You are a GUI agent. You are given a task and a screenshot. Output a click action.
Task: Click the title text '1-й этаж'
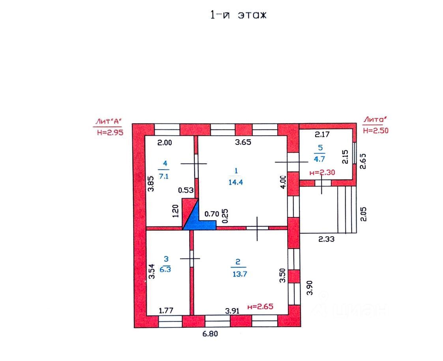238,15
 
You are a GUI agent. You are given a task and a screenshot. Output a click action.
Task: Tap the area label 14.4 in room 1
236,182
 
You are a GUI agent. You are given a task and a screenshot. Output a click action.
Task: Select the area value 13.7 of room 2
239,274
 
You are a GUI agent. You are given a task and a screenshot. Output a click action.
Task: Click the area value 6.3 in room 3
165,269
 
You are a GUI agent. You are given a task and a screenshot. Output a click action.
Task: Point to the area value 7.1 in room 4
164,176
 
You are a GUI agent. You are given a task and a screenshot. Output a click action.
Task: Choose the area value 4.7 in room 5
319,159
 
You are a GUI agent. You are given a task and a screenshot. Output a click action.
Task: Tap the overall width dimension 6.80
210,334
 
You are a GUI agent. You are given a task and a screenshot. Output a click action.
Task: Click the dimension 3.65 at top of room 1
243,142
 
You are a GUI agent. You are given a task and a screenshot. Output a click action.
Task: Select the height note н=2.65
260,306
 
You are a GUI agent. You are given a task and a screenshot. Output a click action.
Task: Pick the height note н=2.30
322,172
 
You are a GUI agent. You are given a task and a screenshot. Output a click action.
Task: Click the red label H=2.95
110,133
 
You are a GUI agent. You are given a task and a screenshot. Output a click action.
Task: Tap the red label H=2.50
376,131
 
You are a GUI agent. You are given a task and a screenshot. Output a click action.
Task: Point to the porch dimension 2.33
326,239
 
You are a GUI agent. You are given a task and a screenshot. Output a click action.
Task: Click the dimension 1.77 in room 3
166,311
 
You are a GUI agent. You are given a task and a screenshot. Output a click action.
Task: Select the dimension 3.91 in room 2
232,311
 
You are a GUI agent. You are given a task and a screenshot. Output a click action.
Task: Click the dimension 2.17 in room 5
322,134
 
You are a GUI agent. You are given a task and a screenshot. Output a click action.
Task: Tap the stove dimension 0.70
211,214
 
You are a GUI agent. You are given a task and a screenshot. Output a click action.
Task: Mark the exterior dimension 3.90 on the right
310,288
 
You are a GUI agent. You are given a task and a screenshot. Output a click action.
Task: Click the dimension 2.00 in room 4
164,143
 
